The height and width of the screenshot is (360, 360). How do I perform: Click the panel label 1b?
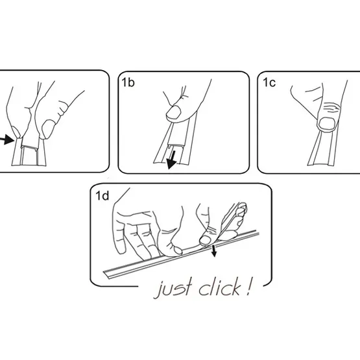pos(128,82)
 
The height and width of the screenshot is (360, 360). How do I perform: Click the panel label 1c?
pos(269,82)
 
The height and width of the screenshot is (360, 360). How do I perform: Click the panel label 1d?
pos(102,196)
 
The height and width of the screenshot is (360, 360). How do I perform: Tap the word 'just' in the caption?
pos(174,289)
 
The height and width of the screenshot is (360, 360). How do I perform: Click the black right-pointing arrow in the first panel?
pos(7,139)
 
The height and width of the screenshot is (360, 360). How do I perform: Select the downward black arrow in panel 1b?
pos(172,160)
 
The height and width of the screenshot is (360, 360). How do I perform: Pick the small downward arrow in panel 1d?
pos(214,251)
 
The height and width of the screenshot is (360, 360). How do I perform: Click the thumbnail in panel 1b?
pos(174,112)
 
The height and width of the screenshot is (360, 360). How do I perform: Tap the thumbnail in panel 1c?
pos(327,123)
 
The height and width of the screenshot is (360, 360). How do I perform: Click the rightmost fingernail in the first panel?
pos(47,129)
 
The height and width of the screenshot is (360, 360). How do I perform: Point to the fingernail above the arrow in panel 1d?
pos(206,239)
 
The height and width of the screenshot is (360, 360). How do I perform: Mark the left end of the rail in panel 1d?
pos(105,273)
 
